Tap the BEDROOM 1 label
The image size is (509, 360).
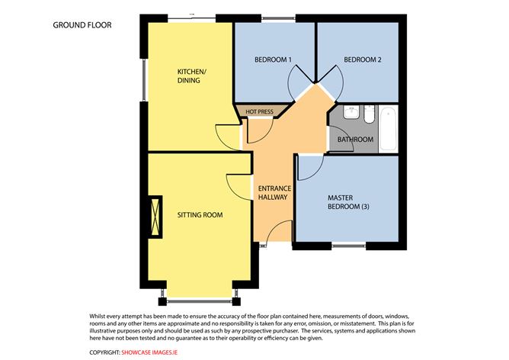coord(274,59)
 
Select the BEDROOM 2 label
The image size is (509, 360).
coord(361,59)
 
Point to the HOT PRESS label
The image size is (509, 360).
coord(259,112)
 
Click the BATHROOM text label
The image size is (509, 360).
coord(356,140)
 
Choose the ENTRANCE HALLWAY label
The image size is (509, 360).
coord(273,192)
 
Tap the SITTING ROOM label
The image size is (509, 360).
coord(200,215)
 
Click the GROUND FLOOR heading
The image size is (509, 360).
coord(82,25)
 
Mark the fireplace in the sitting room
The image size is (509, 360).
coord(157,215)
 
